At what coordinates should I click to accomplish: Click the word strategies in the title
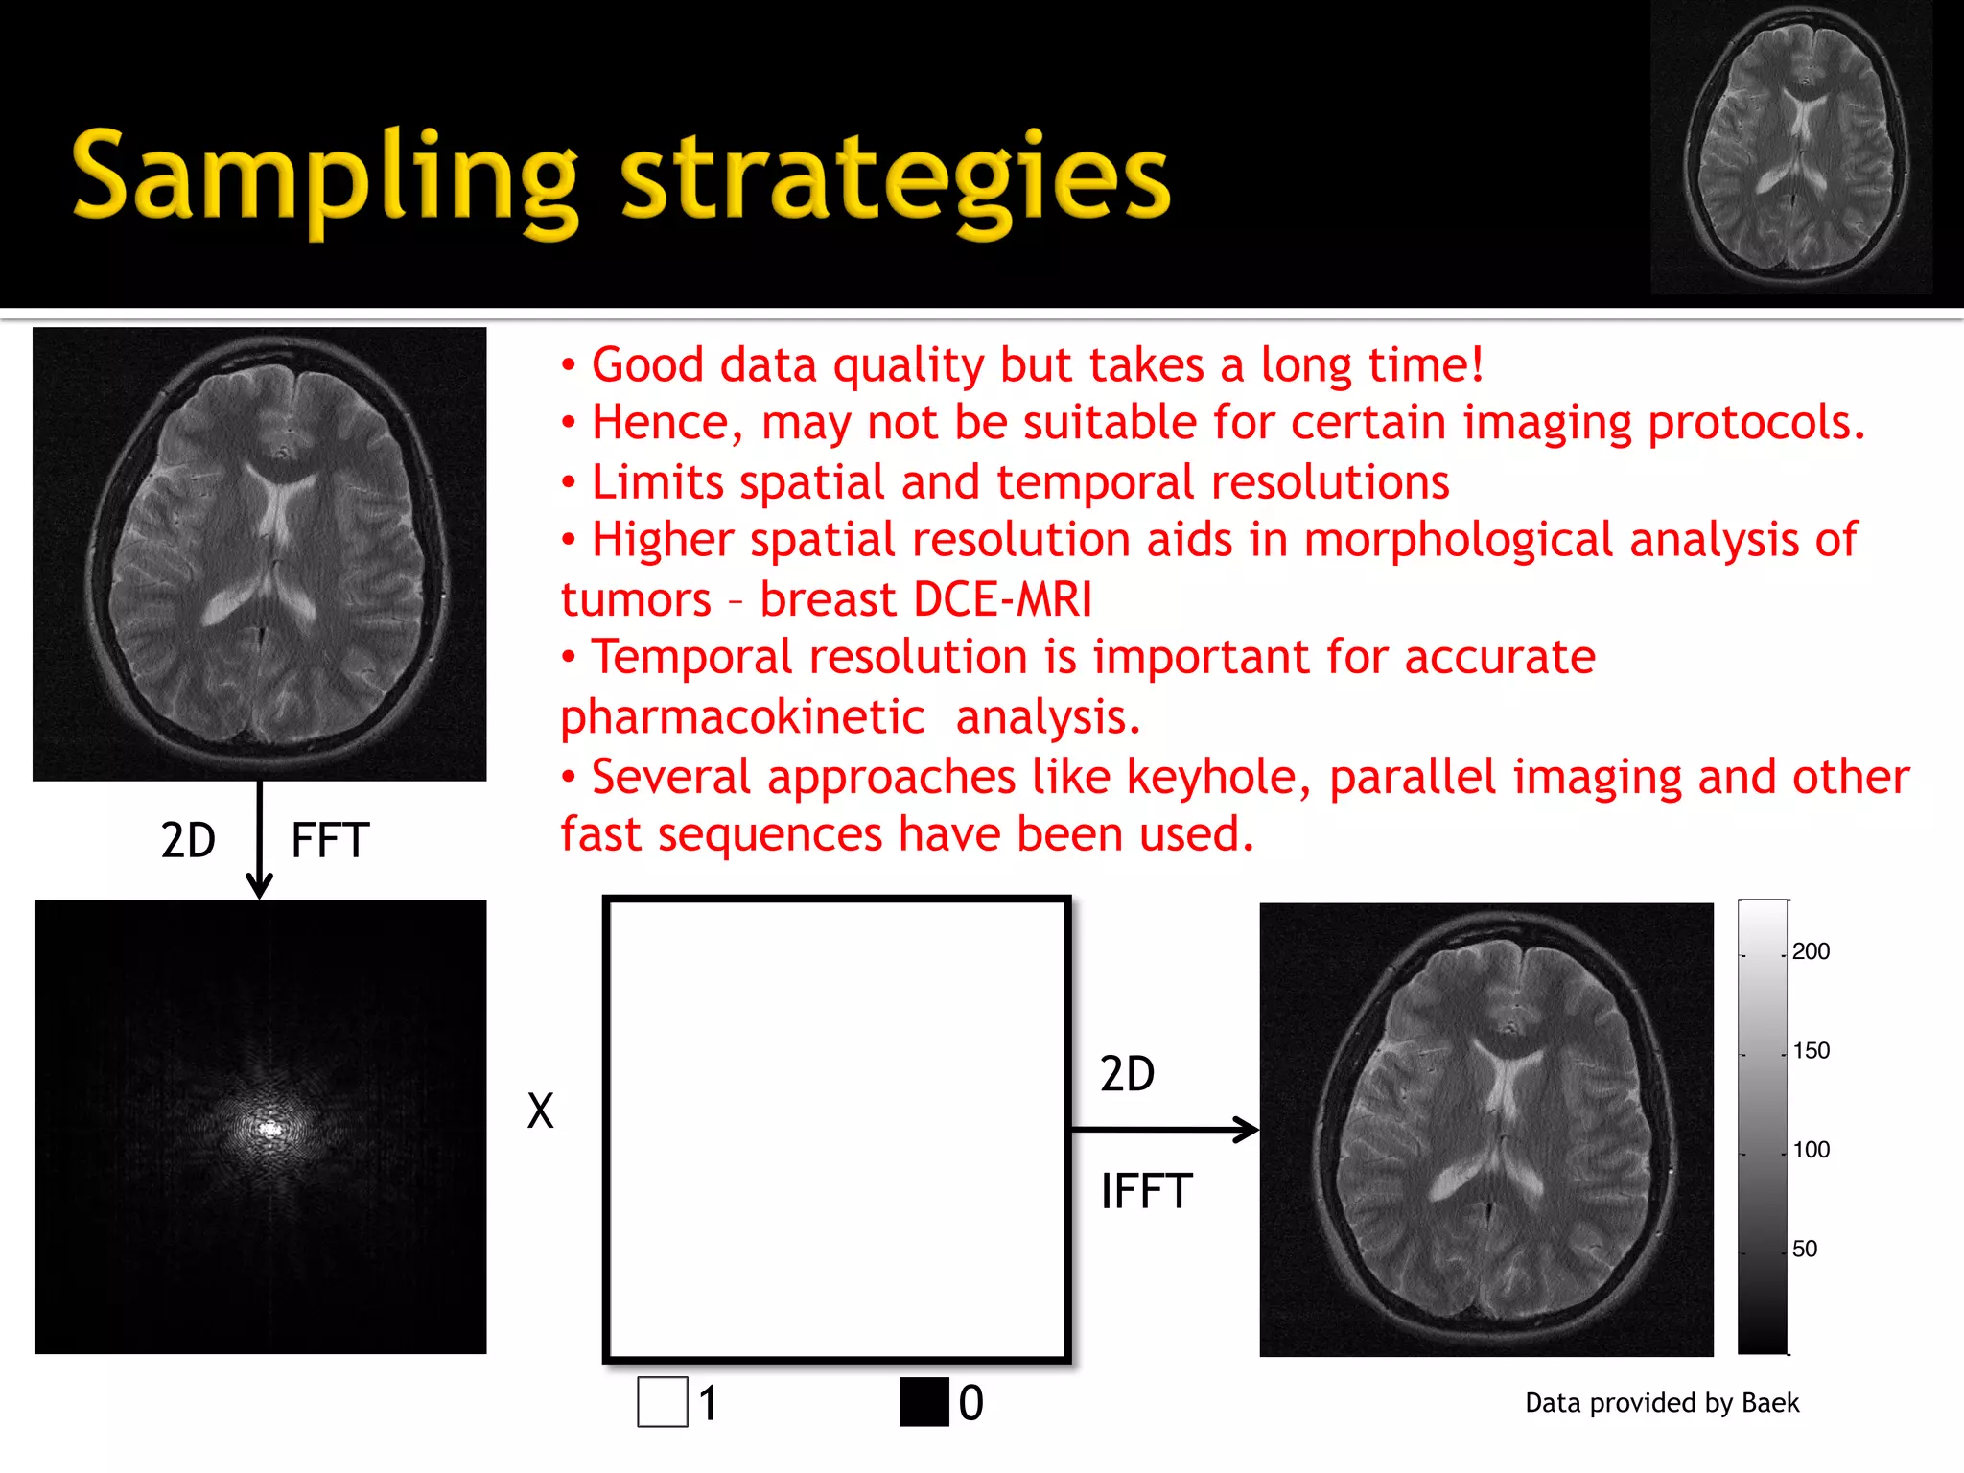[x=896, y=177]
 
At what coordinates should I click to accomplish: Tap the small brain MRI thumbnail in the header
[x=1791, y=148]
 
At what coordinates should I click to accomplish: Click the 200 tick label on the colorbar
[x=1811, y=951]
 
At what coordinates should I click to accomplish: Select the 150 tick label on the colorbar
[x=1811, y=1051]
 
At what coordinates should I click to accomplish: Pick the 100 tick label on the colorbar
[x=1811, y=1150]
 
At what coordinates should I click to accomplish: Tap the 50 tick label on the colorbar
[x=1805, y=1249]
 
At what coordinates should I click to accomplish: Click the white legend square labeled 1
[x=663, y=1402]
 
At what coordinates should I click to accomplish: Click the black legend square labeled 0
[x=924, y=1402]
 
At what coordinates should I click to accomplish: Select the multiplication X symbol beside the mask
[x=541, y=1111]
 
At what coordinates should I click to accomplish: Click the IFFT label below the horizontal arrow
[x=1146, y=1192]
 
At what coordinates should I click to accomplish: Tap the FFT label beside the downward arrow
[x=330, y=841]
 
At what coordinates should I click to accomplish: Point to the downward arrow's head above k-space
[x=260, y=887]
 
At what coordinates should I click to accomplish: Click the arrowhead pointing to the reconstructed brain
[x=1248, y=1130]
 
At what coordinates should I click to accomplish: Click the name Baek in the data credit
[x=1769, y=1403]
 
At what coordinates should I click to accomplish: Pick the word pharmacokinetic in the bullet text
[x=742, y=717]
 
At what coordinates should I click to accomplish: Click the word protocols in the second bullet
[x=1755, y=423]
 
